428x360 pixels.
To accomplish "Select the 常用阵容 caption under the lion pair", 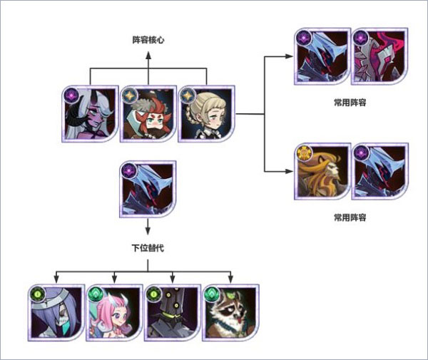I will [350, 216].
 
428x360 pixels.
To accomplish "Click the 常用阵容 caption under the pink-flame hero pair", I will [350, 103].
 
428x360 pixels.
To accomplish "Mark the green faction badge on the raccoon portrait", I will [211, 293].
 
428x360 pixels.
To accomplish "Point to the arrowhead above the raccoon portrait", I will [230, 278].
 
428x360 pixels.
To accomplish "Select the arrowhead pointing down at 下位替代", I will [148, 231].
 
